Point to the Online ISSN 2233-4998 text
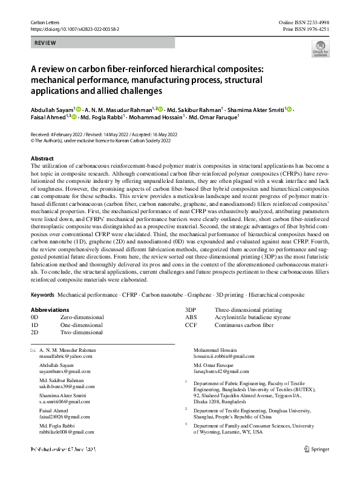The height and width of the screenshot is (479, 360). (304, 22)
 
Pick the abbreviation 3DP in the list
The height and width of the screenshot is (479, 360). (191, 309)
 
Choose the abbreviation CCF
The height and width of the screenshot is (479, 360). (191, 325)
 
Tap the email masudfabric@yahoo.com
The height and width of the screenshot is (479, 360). (64, 358)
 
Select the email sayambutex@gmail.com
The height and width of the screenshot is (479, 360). (62, 372)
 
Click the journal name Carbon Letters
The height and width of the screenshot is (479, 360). (45, 22)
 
